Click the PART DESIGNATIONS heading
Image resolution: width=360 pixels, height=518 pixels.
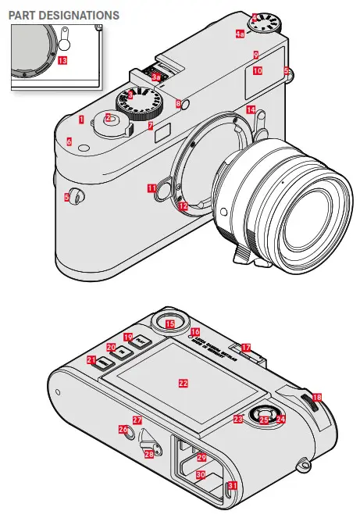64,15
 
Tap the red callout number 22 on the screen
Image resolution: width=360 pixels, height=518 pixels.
184,384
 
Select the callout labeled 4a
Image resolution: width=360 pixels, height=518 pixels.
241,34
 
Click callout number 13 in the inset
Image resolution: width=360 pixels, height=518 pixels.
62,59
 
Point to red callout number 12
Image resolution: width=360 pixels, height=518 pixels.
182,207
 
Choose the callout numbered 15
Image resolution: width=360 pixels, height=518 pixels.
169,323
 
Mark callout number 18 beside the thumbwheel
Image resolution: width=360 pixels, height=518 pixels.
316,398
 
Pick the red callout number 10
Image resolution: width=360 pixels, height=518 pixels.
257,70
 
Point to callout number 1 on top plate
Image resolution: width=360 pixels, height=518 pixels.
80,119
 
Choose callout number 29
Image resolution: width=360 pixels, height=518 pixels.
201,457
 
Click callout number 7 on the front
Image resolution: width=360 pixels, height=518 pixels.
151,125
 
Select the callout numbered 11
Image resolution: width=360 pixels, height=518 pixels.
151,188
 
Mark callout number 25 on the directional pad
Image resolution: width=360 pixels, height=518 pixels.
263,420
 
